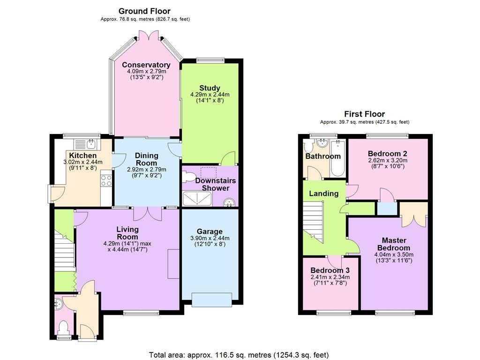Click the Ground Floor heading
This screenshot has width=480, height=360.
click(x=144, y=11)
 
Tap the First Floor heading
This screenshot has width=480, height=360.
click(x=364, y=114)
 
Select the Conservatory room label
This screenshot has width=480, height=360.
click(x=146, y=65)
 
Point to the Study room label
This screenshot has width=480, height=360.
click(x=210, y=88)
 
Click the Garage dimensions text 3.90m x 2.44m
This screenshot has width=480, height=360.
click(x=210, y=238)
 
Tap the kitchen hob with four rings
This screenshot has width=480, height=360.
click(x=106, y=180)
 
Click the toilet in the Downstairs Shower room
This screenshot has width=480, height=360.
click(x=188, y=177)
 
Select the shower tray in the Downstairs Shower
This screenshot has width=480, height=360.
click(x=197, y=198)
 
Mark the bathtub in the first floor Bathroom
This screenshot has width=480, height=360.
click(x=337, y=158)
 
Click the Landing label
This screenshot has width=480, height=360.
click(x=323, y=194)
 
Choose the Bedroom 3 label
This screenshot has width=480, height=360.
click(x=330, y=270)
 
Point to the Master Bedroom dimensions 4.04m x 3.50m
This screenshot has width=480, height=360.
click(x=394, y=255)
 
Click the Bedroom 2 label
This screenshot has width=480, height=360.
click(x=388, y=154)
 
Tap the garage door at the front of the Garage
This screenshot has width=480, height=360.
click(x=211, y=300)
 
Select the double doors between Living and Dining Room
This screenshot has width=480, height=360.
click(x=148, y=214)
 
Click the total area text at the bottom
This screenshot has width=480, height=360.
click(x=239, y=355)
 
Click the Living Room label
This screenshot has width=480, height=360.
click(x=127, y=233)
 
